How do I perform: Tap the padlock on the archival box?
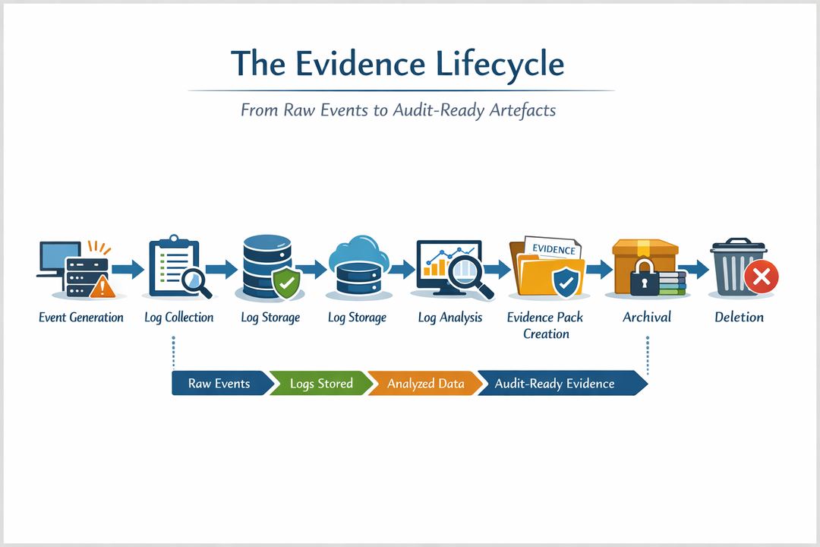642,278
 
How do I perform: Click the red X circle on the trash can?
761,279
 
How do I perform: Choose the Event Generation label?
80,318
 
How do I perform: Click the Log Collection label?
179,318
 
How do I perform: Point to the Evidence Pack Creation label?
545,325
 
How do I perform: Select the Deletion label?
739,318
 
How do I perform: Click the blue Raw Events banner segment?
219,384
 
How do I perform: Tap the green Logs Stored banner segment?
321,384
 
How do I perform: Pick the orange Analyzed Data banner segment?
425,384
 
